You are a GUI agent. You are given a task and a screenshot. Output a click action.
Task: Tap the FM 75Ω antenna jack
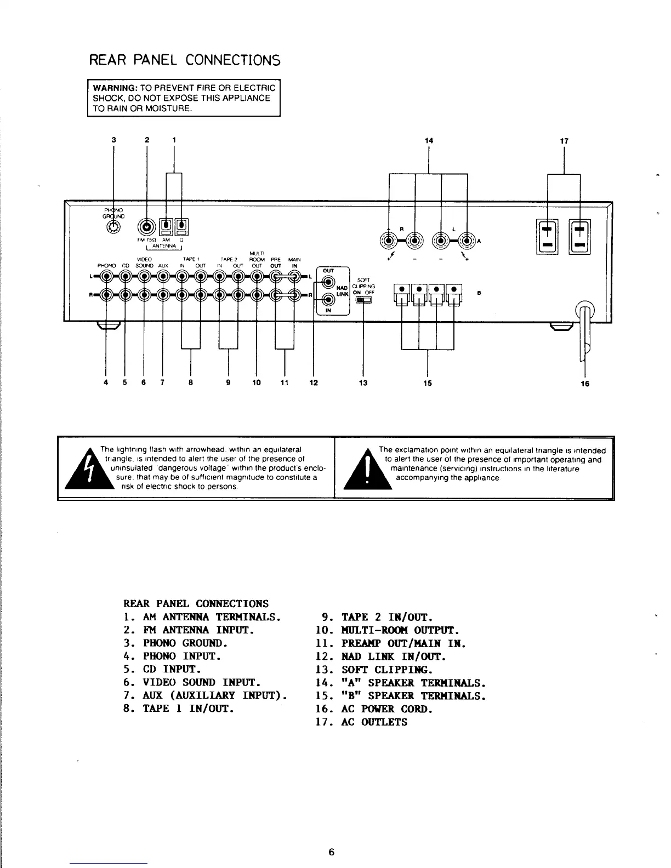click(x=147, y=225)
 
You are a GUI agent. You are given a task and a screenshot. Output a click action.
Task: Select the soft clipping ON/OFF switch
click(x=363, y=299)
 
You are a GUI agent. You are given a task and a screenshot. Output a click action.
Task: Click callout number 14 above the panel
click(x=429, y=141)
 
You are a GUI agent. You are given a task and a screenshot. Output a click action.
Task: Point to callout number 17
click(x=564, y=141)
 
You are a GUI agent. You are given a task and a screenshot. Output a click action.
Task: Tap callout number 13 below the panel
click(x=363, y=383)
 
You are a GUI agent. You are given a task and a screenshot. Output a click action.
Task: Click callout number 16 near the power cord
click(x=585, y=384)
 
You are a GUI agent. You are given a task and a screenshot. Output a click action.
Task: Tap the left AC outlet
click(x=546, y=237)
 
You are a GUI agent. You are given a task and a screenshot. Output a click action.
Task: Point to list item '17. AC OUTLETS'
click(x=362, y=722)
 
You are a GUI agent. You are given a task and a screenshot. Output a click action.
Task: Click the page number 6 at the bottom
click(x=331, y=852)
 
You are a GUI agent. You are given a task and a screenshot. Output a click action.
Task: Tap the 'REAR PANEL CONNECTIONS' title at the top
click(x=184, y=60)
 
